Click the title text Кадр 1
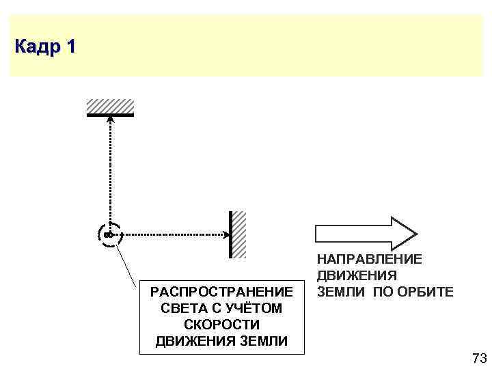coord(45,47)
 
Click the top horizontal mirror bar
coord(110,114)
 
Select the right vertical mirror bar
coord(230,234)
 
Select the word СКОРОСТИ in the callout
coord(221,325)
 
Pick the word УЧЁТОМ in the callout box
coord(254,308)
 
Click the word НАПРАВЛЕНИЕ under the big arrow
coord(369,259)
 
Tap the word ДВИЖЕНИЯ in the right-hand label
coord(356,275)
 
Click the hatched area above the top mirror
coord(110,105)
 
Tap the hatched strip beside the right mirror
coord(238,234)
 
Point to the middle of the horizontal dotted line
coord(171,234)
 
